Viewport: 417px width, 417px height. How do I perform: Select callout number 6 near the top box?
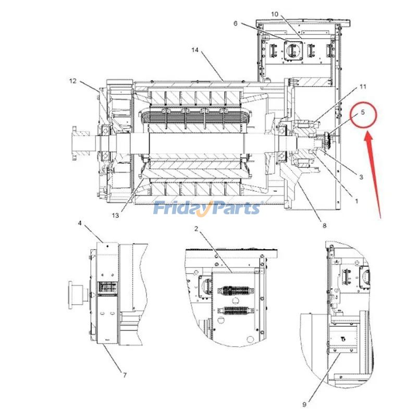pos(235,23)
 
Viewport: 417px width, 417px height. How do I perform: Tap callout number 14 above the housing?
pos(195,51)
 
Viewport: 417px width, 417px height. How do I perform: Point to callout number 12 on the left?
pos(72,81)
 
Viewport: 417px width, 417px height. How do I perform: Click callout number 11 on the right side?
pos(363,86)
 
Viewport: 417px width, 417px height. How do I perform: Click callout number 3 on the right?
pos(361,177)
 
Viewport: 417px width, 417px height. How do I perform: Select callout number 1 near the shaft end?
pos(357,200)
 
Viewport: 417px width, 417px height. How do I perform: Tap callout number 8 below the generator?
pos(324,226)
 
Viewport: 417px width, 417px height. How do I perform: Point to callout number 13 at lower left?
pos(115,215)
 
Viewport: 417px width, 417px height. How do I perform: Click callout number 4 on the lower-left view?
pos(80,223)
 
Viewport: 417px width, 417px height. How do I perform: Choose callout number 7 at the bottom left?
pos(125,374)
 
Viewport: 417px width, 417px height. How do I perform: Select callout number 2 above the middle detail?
pos(197,229)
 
